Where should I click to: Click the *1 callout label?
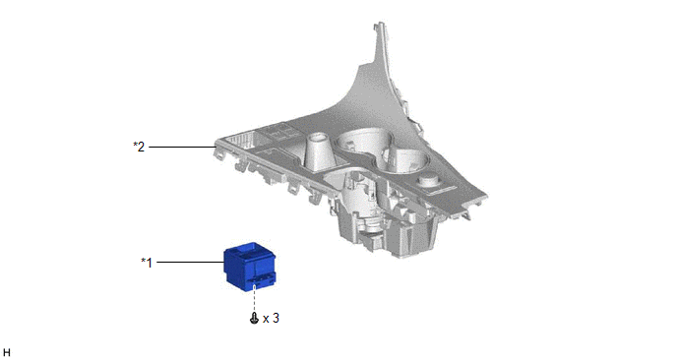click(x=147, y=263)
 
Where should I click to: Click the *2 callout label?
click(x=139, y=147)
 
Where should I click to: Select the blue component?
click(x=250, y=268)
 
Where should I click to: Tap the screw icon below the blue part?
click(x=254, y=319)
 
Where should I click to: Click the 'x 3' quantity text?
click(x=272, y=319)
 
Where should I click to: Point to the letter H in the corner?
click(x=7, y=353)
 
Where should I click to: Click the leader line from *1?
click(x=191, y=262)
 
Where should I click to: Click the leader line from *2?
click(x=182, y=147)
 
